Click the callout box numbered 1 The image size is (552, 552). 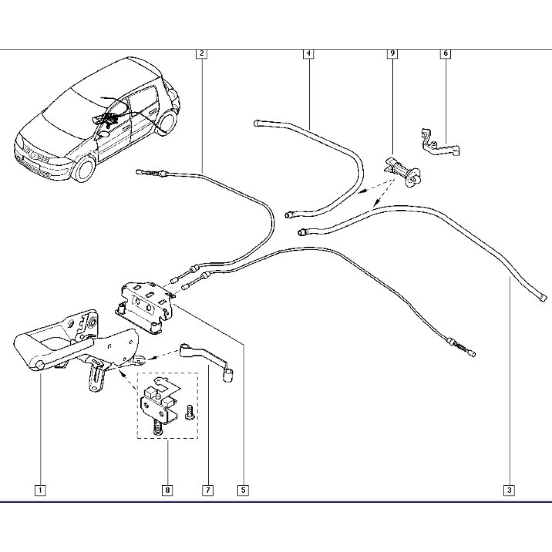[x=40, y=490]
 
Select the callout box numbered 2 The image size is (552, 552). [x=201, y=53]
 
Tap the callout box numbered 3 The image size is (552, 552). [x=509, y=490]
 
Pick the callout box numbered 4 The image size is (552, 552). [x=309, y=53]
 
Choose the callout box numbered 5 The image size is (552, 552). [x=243, y=490]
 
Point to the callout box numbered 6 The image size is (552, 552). [x=446, y=53]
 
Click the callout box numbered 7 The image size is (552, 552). [x=207, y=490]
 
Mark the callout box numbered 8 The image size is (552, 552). [x=167, y=490]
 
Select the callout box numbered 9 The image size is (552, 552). [x=392, y=53]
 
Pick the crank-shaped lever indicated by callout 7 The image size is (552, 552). [x=206, y=361]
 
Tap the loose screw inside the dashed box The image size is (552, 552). [x=189, y=413]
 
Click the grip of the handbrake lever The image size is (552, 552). [x=43, y=351]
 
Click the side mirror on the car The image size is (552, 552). [x=104, y=133]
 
